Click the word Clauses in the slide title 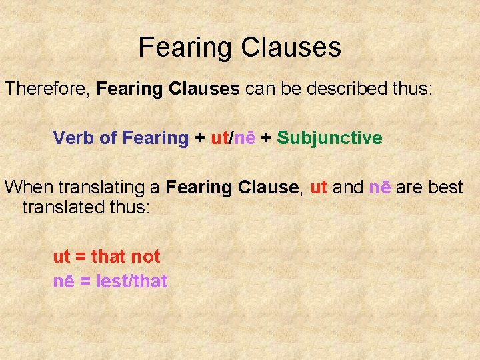click(291, 47)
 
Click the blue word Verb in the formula click(73, 138)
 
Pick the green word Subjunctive click(329, 138)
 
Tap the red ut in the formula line click(219, 138)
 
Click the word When click(27, 187)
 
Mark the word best click(445, 187)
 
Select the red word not click(145, 256)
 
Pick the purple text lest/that click(132, 281)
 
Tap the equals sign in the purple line click(85, 281)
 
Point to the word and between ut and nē click(347, 187)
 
